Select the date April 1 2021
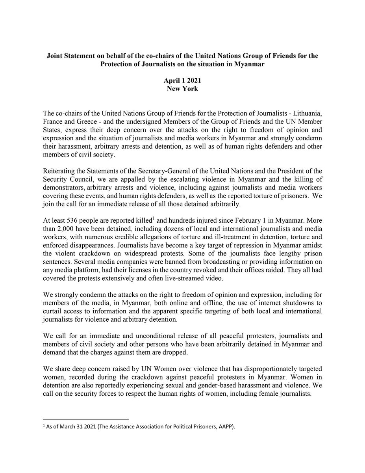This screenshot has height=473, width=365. (182, 80)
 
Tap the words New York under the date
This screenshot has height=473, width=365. (182, 88)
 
